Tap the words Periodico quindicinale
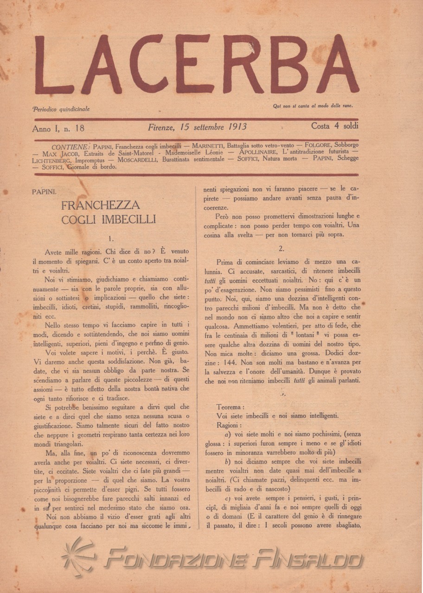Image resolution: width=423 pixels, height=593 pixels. pos(61,109)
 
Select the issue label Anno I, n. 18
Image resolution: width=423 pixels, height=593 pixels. pos(58,127)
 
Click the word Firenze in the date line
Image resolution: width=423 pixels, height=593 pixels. pos(161,126)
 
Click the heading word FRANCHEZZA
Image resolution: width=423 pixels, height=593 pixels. pos(100,205)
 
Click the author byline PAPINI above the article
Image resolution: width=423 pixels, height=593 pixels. pos(45,191)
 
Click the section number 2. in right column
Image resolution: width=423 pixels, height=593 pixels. pos(281,248)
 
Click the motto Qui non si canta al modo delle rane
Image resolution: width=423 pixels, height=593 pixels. pos(313,106)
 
